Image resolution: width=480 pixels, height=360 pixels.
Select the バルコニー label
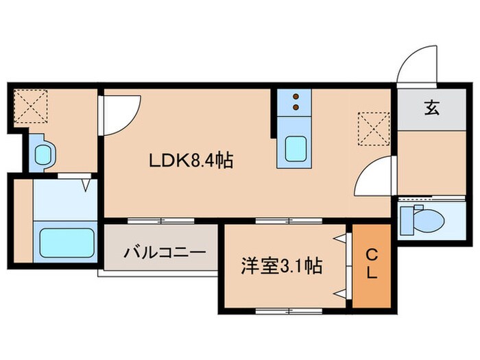coord(165,252)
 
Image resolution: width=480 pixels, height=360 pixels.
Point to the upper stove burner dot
coord(296,97)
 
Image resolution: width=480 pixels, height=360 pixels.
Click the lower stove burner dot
coord(296,107)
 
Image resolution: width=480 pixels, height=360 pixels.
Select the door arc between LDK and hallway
coord(373,174)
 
